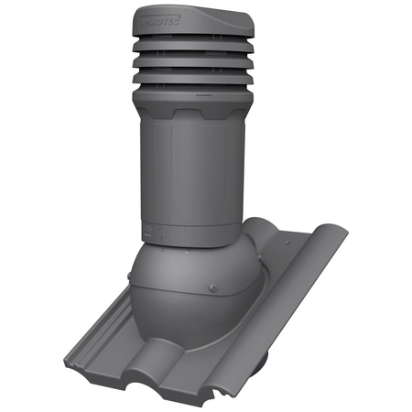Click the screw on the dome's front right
pos(211,291)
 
